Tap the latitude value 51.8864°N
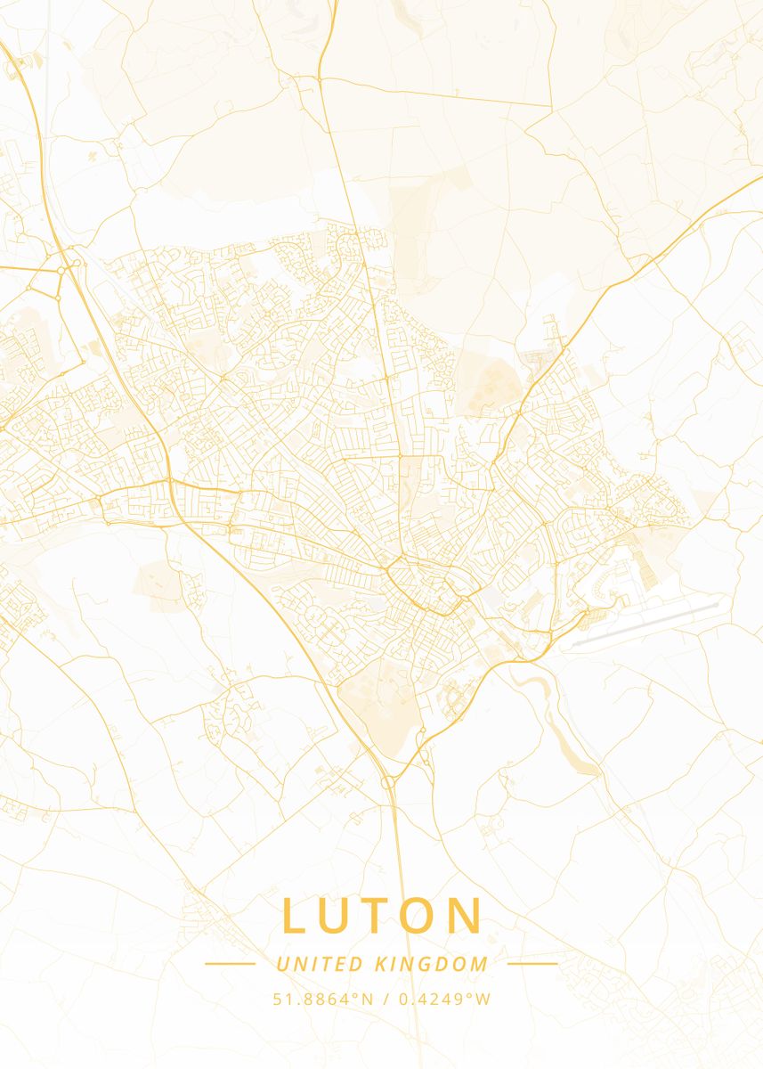click(x=323, y=999)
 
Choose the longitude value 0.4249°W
click(x=444, y=999)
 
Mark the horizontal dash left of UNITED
click(x=230, y=963)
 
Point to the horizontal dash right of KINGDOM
click(x=532, y=963)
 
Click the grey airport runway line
click(x=645, y=623)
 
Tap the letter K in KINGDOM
click(x=381, y=964)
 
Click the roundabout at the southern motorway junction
click(x=388, y=782)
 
